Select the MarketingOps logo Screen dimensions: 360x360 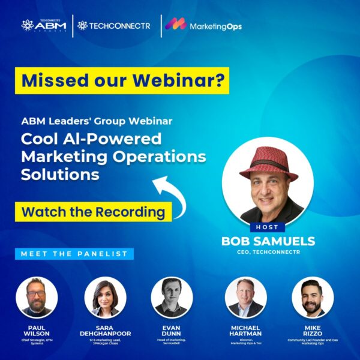(204, 26)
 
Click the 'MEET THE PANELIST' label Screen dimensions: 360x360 (74, 254)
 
